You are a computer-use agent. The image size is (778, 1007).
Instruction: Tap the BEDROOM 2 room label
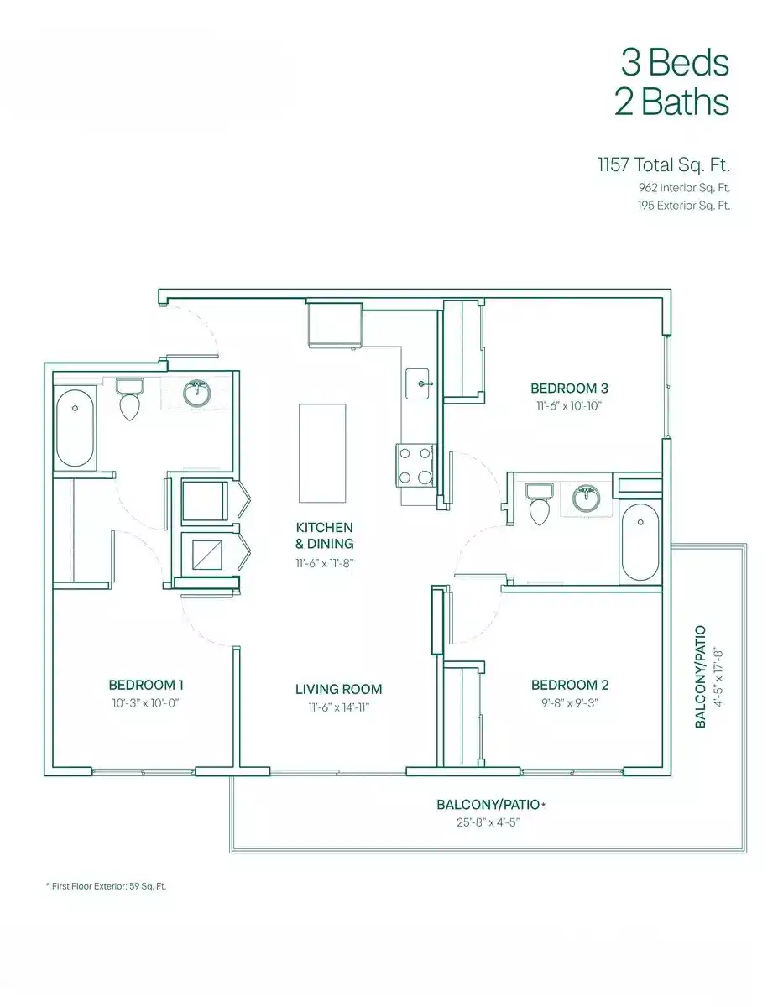click(x=570, y=685)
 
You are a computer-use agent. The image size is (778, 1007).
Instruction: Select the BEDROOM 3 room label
click(x=569, y=388)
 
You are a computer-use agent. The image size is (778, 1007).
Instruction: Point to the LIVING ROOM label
click(x=338, y=689)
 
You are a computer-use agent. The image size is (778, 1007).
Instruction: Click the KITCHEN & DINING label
click(x=324, y=535)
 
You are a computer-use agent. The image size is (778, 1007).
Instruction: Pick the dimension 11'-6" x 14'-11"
click(x=338, y=707)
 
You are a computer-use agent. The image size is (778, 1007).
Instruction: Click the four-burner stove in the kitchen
click(x=415, y=465)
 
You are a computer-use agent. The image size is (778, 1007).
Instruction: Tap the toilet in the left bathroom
click(x=129, y=399)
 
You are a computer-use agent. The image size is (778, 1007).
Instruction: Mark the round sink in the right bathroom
click(x=586, y=498)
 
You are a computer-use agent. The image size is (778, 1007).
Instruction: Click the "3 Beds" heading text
click(x=674, y=62)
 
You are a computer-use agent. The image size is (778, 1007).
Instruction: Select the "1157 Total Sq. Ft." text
click(x=663, y=164)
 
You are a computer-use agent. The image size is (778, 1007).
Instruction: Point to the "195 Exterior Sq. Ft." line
click(x=683, y=205)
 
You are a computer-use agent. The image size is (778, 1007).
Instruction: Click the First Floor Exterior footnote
click(x=106, y=885)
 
